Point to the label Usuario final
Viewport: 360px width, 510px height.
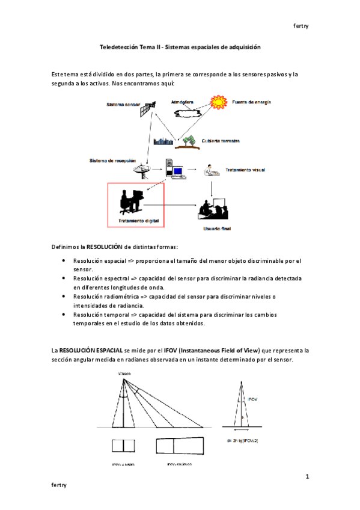pos(216,229)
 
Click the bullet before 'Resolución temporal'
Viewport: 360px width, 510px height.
pos(64,315)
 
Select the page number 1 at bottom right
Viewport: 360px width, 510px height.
pos(307,477)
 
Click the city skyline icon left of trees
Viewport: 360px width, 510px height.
pos(163,142)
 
